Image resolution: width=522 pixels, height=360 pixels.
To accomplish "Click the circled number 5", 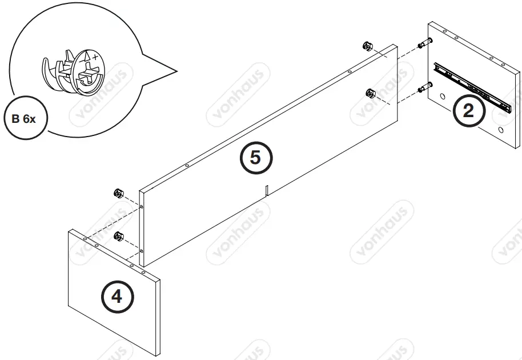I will [x=255, y=157].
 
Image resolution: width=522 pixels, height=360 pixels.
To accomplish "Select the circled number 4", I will [x=117, y=297].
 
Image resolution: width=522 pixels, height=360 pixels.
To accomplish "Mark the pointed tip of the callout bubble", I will [x=175, y=73].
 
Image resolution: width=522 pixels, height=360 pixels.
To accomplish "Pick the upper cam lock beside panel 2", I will [x=368, y=46].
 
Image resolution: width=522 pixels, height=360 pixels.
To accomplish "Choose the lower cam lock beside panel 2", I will [x=371, y=93].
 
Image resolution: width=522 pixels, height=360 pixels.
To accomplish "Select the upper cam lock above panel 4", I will [x=119, y=192].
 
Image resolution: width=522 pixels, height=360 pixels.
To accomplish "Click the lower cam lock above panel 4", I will [x=119, y=235].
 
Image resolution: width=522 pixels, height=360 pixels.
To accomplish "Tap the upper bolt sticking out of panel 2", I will [x=423, y=44].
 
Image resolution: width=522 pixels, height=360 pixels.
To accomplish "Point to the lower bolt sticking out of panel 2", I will [x=423, y=87].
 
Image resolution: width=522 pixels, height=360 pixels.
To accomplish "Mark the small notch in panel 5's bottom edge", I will [x=267, y=190].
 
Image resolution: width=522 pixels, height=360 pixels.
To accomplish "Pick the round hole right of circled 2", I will [x=501, y=131].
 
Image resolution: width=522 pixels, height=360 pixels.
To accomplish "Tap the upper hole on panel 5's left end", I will [x=142, y=207].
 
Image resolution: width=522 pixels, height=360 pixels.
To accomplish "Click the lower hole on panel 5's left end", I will [x=142, y=250].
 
